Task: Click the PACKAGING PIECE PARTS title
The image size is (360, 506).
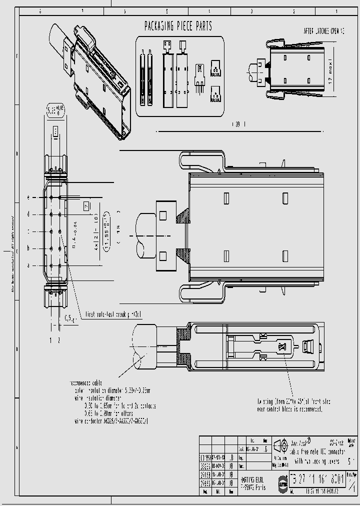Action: [x=178, y=26]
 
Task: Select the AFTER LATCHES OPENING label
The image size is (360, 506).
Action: [x=324, y=31]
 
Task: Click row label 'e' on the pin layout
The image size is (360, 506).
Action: [x=28, y=197]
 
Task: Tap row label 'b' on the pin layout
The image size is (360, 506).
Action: [x=28, y=248]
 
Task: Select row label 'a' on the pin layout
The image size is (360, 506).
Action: [x=28, y=265]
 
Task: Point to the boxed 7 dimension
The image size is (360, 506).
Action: [x=86, y=205]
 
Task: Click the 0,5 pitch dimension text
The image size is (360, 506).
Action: [x=70, y=318]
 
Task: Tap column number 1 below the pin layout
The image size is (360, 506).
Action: [x=51, y=340]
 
